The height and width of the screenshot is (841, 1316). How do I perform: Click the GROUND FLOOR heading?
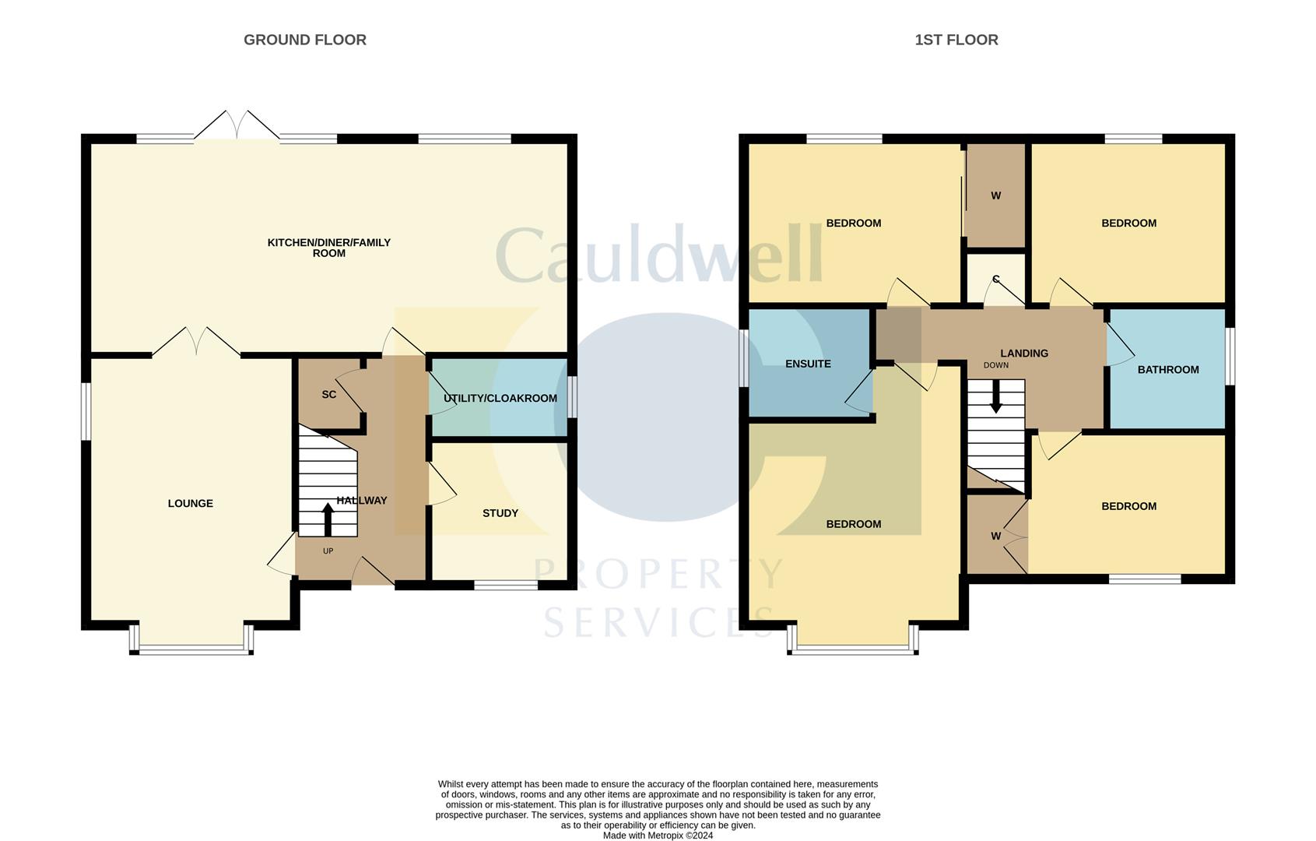coord(304,40)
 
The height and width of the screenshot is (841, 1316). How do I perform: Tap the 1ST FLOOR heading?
coord(956,40)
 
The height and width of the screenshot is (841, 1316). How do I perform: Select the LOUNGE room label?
coord(190,504)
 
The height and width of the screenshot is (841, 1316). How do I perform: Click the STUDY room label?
coord(500,513)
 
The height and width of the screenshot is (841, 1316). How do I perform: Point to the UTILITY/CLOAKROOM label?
coord(500,399)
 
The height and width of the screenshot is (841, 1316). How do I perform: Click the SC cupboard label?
coord(328,395)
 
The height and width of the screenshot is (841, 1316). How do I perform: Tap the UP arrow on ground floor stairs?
coord(328,520)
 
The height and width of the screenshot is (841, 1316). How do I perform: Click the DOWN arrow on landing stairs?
coord(995,399)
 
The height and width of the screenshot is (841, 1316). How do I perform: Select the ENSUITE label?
coord(808,364)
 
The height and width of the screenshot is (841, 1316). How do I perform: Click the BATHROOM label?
coord(1167,370)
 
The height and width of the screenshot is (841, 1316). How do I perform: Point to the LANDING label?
coord(1023,354)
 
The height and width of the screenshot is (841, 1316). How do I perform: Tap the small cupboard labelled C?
coord(995,280)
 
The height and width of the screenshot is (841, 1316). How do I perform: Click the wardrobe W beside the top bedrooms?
coord(995,196)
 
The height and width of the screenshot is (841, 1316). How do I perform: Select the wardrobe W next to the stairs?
coord(995,536)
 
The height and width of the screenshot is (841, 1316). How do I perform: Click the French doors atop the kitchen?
coord(237,127)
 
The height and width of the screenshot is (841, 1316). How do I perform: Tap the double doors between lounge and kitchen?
coord(196,343)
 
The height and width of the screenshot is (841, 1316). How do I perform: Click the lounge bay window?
coord(191,648)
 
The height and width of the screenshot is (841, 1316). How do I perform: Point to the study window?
coord(505,585)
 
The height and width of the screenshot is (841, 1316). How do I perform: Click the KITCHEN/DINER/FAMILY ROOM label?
coord(328,248)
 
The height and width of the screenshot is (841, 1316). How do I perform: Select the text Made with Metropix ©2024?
coord(658,836)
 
